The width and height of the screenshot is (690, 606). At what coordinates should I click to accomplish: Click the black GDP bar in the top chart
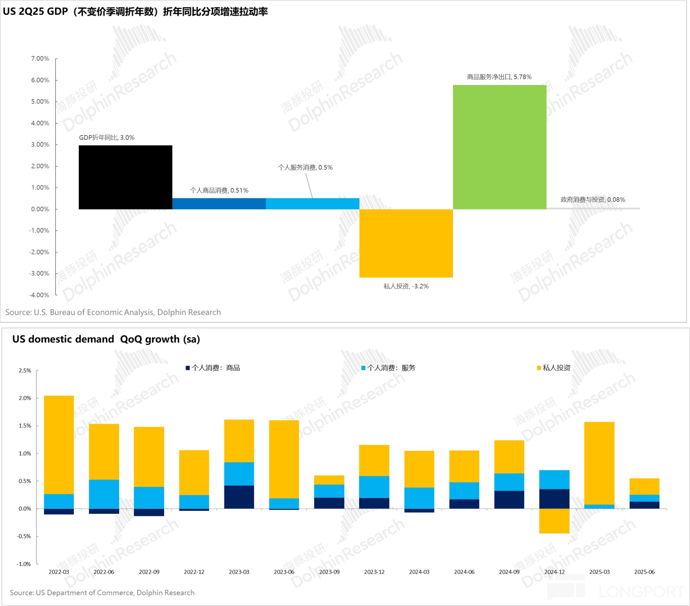(125, 177)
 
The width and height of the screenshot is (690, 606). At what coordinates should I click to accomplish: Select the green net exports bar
(499, 147)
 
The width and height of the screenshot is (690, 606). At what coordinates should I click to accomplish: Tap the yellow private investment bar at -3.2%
(406, 243)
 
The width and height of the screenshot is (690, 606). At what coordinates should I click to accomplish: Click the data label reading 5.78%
(499, 77)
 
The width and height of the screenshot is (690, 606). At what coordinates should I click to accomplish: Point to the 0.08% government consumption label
(592, 199)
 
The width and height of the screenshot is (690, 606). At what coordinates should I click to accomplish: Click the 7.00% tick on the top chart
(40, 58)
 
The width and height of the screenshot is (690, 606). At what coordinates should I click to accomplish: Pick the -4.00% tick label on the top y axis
(39, 295)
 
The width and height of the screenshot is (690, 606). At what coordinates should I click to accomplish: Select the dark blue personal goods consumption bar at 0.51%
(219, 204)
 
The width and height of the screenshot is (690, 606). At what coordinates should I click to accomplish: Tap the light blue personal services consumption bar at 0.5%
(312, 204)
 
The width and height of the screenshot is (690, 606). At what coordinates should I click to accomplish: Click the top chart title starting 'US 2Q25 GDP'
(135, 12)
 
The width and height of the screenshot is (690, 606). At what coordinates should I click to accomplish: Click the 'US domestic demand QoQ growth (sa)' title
(106, 339)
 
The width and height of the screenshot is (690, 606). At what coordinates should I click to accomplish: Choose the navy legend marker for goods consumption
(188, 368)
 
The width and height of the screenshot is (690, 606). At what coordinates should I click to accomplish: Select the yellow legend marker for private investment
(539, 368)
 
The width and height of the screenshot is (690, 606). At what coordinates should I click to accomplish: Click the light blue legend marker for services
(363, 368)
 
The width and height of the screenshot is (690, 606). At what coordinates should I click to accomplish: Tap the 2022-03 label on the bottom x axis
(59, 572)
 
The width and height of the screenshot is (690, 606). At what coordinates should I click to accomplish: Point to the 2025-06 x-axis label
(644, 572)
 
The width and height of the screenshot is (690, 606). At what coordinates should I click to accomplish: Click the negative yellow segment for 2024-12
(554, 521)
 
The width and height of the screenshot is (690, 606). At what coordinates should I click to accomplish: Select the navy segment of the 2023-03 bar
(239, 497)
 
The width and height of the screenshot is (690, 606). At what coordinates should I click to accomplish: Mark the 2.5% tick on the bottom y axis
(25, 371)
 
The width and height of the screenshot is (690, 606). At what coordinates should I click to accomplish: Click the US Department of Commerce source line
(102, 593)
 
